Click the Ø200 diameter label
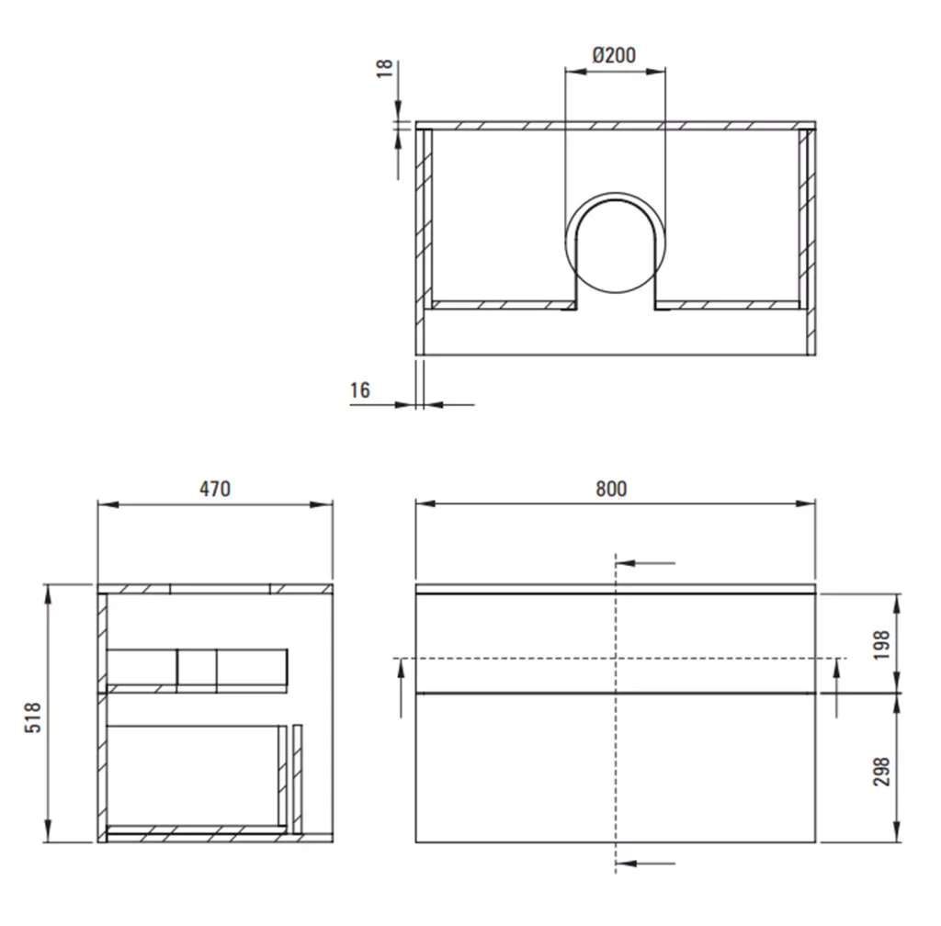tap(614, 55)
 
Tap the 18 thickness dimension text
tap(385, 68)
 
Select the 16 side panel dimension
tap(360, 390)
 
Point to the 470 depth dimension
tap(215, 489)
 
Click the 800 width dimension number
tap(611, 489)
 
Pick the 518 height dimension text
tap(33, 717)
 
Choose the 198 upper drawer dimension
tap(881, 645)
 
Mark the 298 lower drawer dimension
tap(881, 772)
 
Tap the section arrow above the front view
tap(646, 563)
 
